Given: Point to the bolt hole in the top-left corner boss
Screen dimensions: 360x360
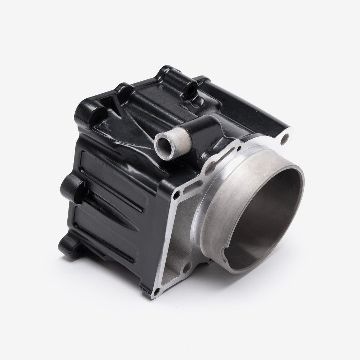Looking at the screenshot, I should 96,114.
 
